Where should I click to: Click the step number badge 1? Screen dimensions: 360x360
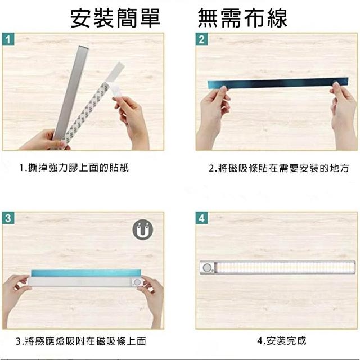(8, 39)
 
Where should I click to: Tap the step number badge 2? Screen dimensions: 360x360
(201, 39)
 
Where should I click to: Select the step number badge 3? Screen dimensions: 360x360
(8, 218)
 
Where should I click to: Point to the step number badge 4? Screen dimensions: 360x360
(201, 218)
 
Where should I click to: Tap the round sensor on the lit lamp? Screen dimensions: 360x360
(208, 268)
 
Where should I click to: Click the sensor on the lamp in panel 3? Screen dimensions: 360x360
(137, 282)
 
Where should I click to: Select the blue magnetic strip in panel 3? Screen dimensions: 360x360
(86, 273)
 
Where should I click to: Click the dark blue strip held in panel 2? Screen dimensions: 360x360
(278, 83)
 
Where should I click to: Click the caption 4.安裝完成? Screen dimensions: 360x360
(282, 341)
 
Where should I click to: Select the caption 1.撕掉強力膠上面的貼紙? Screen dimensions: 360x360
(74, 168)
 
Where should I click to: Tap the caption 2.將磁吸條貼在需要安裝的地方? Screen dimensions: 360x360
(279, 168)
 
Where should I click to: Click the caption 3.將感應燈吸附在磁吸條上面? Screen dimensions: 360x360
(81, 341)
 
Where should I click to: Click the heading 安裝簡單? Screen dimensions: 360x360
(115, 18)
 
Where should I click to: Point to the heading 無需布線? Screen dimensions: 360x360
(242, 18)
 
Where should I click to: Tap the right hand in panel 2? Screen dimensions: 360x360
(343, 115)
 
